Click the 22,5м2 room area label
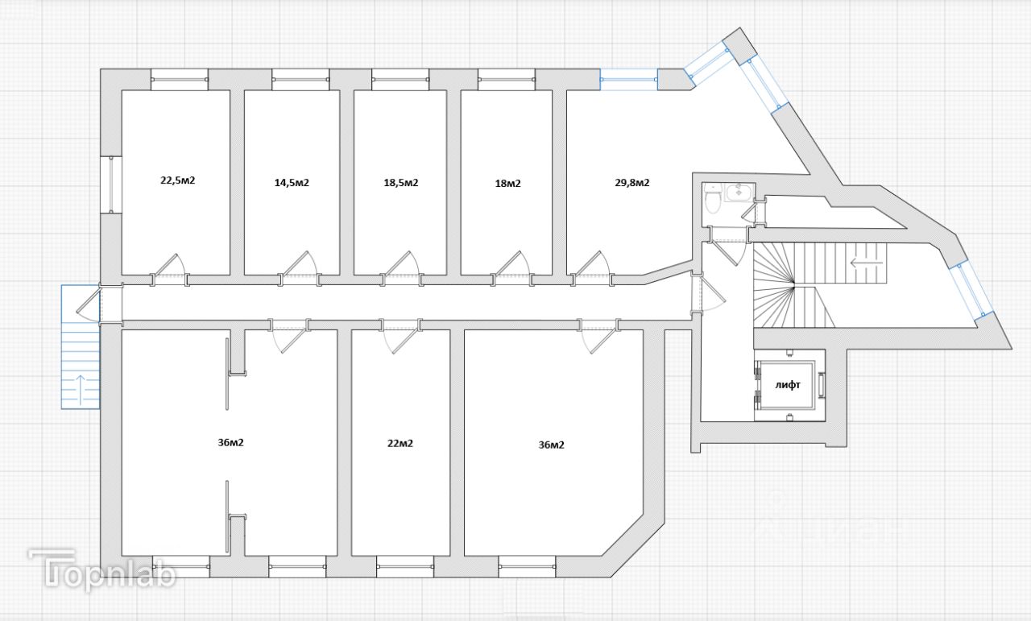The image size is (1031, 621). (178, 180)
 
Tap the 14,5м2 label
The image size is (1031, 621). (292, 183)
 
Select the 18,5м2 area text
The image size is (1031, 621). (400, 183)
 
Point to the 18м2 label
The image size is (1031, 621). (507, 183)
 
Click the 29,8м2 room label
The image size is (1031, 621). (632, 182)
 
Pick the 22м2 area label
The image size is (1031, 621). (400, 443)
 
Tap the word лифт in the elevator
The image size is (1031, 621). (788, 385)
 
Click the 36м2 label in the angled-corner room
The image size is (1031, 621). (551, 445)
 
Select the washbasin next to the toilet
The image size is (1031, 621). (739, 193)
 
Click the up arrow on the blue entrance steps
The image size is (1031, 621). (81, 388)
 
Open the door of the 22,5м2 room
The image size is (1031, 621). (170, 267)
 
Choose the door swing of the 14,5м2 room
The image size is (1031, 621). (300, 267)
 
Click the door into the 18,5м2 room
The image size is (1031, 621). (400, 267)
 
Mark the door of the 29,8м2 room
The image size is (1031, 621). (591, 267)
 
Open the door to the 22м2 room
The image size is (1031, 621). (400, 335)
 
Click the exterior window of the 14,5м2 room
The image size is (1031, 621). (300, 79)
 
